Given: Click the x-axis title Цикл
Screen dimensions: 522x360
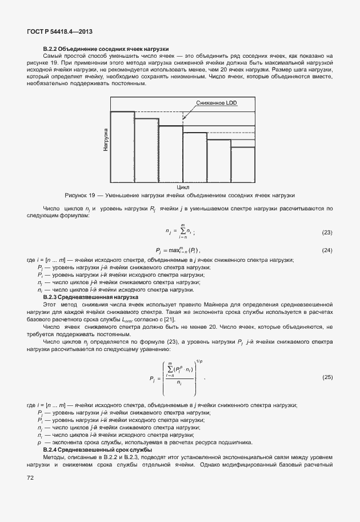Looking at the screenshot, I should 183,186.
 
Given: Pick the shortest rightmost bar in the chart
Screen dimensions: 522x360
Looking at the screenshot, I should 242,164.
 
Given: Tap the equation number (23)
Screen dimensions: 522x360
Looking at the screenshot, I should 327,233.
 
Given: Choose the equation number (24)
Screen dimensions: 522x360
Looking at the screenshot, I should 327,250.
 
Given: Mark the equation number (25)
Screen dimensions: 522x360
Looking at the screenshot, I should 327,377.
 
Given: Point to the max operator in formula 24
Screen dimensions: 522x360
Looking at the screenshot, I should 171,250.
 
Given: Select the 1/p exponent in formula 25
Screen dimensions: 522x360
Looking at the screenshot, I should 199,361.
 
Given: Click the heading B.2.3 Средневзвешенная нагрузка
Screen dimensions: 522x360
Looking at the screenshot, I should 91,297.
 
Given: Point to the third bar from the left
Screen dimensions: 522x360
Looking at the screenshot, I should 170,153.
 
